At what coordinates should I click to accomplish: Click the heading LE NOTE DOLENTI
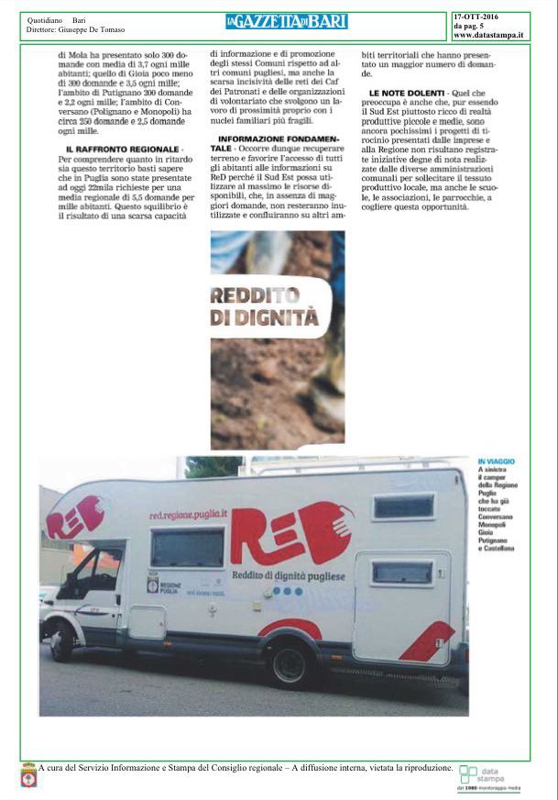(x=407, y=94)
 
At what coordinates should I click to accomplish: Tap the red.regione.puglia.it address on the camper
(x=187, y=515)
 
